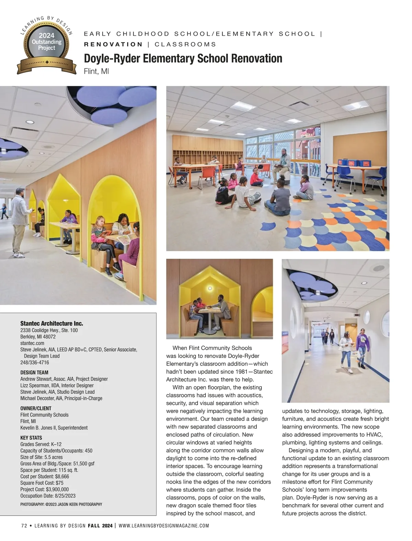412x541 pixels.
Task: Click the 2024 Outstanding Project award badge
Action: point(46,45)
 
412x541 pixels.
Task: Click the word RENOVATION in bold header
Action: point(113,44)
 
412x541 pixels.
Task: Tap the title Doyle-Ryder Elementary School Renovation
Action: point(183,59)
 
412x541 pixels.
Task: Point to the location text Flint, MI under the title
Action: point(96,72)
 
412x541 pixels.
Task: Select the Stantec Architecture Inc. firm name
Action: point(51,324)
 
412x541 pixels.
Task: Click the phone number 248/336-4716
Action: point(35,362)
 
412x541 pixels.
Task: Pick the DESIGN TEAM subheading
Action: point(34,372)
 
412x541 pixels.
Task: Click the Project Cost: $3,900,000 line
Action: point(44,489)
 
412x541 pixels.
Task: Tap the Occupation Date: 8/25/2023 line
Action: point(48,496)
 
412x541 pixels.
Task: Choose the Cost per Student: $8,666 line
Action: point(45,476)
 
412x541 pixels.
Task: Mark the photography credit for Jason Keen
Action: point(61,504)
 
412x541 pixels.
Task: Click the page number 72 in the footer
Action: point(24,526)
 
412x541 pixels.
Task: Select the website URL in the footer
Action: point(164,526)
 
